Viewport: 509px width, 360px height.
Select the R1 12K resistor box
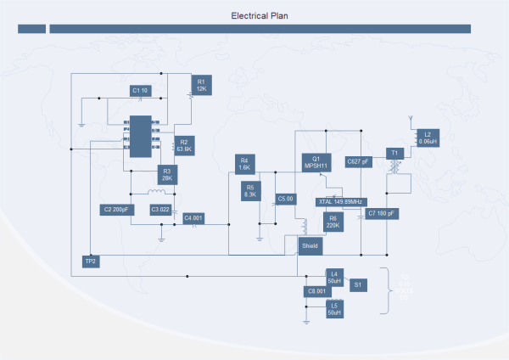(x=201, y=85)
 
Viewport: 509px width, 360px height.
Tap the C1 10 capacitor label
(x=140, y=90)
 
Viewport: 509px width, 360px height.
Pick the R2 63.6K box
(x=184, y=145)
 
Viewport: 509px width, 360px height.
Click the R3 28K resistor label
(x=167, y=175)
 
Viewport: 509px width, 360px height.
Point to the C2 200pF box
(x=116, y=209)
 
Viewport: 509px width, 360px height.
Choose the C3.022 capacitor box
(x=160, y=209)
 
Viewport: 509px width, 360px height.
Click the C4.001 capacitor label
(x=194, y=218)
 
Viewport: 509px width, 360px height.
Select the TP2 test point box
(x=91, y=262)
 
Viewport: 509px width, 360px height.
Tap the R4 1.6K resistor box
(x=244, y=164)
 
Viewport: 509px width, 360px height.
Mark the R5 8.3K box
(x=250, y=190)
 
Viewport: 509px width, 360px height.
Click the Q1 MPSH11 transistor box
(x=316, y=161)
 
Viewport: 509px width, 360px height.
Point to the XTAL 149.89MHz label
(x=340, y=202)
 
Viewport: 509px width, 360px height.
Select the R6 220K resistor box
(x=333, y=222)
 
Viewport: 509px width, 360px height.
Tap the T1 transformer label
(x=393, y=153)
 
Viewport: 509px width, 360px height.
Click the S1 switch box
(x=358, y=284)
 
